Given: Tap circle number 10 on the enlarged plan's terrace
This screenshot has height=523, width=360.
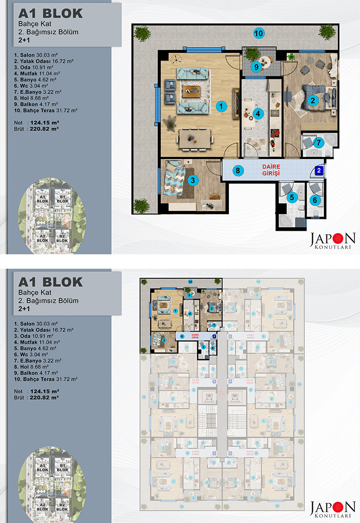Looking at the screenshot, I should tap(258, 34).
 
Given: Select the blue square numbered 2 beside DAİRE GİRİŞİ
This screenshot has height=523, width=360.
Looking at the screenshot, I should tap(320, 170).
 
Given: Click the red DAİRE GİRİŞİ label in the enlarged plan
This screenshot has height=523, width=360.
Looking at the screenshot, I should tap(271, 169).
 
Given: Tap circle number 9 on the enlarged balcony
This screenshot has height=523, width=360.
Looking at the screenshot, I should tap(256, 67).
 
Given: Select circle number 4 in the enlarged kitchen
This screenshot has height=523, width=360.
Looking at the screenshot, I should tap(258, 114).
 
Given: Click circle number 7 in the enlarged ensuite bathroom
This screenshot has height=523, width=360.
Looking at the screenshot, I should tap(318, 142).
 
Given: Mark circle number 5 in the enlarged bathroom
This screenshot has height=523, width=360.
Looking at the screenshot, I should tap(291, 196).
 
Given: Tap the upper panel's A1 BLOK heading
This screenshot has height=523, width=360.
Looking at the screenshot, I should tap(50, 13).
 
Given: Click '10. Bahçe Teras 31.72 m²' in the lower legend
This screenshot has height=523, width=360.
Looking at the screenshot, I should tap(46, 379).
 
